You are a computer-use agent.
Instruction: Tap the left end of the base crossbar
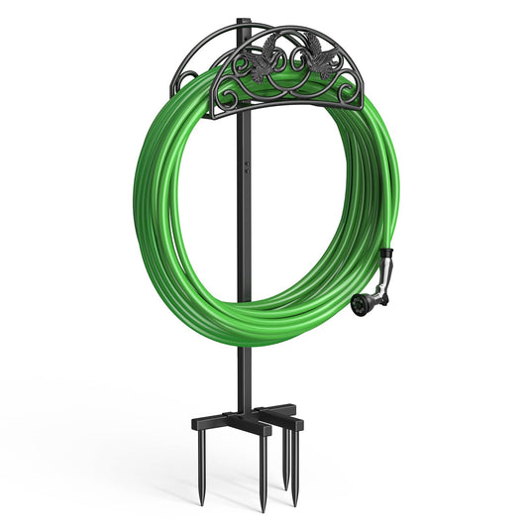point(196,424)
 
